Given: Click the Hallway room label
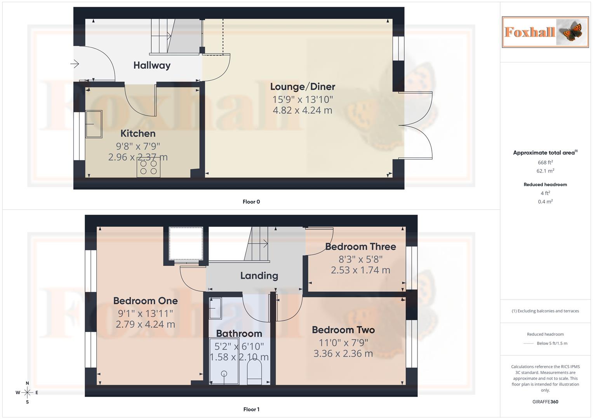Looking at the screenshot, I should (x=152, y=65).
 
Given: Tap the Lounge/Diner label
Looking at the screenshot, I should (x=303, y=87).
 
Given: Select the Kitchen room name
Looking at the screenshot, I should (x=138, y=133).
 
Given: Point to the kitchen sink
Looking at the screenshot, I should (x=94, y=124).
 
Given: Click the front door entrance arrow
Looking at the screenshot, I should (x=75, y=64).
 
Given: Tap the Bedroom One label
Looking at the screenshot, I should (x=145, y=301).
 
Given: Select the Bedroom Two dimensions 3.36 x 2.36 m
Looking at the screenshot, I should (x=343, y=353).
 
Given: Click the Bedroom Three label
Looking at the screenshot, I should (x=360, y=247).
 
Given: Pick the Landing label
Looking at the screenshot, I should (x=259, y=276).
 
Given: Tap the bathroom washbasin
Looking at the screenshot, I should (x=215, y=308).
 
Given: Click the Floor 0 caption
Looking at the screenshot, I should (x=251, y=202).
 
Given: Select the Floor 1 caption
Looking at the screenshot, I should (x=251, y=409).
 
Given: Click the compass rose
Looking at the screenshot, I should (x=27, y=393).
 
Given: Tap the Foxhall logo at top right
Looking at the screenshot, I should (x=545, y=32).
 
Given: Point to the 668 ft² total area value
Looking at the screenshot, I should (x=545, y=163).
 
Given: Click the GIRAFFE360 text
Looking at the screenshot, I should (x=545, y=402).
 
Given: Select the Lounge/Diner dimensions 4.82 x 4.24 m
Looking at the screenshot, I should (x=303, y=110).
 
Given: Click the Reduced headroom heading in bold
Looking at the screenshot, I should (x=545, y=185).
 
